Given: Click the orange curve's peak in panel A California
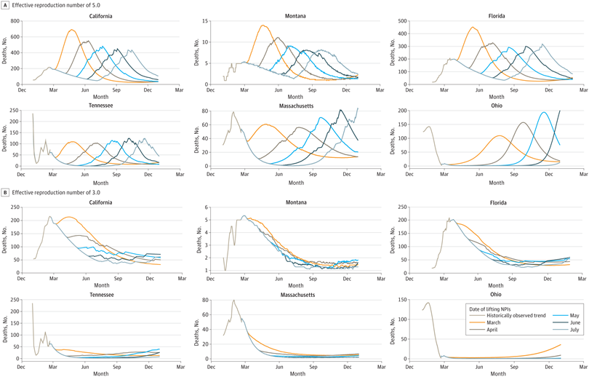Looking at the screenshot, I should coord(72,30).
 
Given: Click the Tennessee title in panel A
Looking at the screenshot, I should coord(100,105).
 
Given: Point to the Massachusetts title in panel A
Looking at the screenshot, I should coord(295,105).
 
